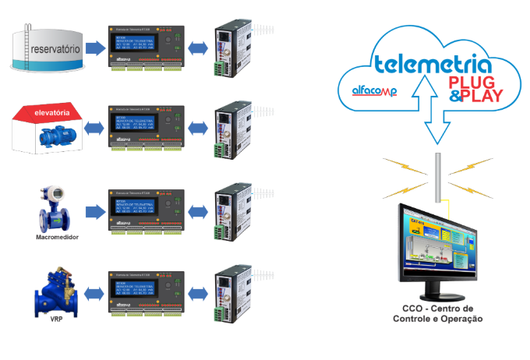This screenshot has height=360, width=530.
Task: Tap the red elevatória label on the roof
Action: pos(53,113)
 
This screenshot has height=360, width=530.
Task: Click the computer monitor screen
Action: pos(440,249)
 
